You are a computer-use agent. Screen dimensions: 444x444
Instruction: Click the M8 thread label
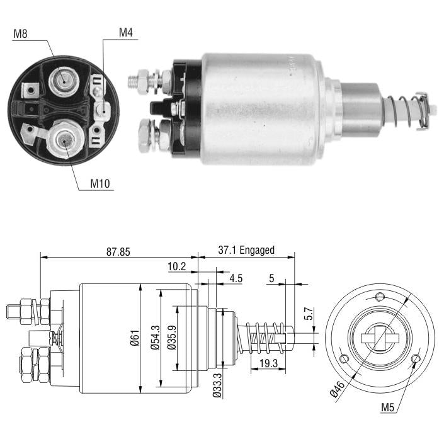20,34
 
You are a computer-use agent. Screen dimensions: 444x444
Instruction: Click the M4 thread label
126,33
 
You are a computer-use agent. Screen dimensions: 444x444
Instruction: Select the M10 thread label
100,183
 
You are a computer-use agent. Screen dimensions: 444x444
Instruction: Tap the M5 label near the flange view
388,407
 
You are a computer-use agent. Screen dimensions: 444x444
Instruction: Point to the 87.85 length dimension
118,252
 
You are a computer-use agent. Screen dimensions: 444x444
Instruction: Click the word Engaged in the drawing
257,250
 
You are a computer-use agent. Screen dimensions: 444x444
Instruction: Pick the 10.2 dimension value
177,266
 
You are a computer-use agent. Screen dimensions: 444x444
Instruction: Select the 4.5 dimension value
236,278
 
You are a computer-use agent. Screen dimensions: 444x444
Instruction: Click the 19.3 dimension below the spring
269,363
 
